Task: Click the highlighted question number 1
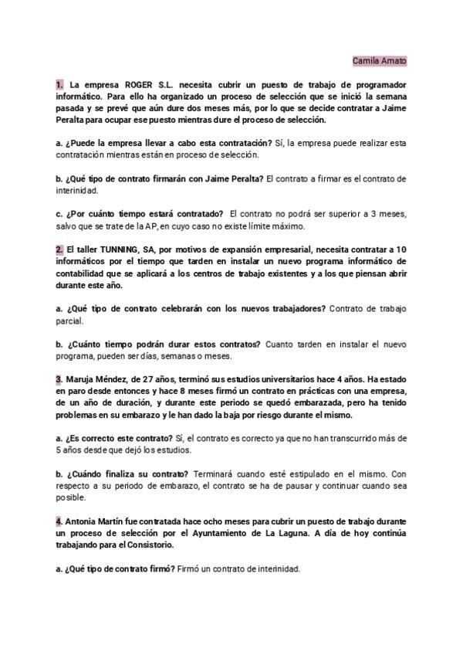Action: click(x=59, y=83)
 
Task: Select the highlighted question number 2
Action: click(x=59, y=249)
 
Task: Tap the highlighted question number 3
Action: click(x=59, y=380)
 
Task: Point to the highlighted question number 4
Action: click(x=59, y=521)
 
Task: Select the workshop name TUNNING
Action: click(x=122, y=249)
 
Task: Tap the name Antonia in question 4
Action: click(x=84, y=521)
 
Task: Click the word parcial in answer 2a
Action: click(x=69, y=321)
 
